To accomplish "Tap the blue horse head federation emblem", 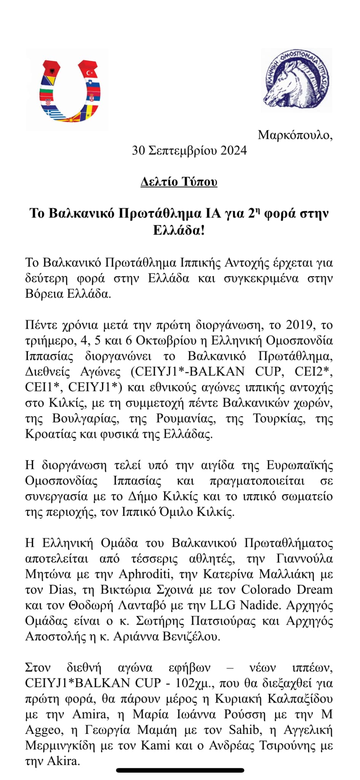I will coord(296,80).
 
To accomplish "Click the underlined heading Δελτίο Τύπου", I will coord(179,182).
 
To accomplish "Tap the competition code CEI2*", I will coord(314,371).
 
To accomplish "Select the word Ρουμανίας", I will coord(186,419).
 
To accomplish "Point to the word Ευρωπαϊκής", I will coord(300,465).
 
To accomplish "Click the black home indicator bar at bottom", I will coord(180,770).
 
